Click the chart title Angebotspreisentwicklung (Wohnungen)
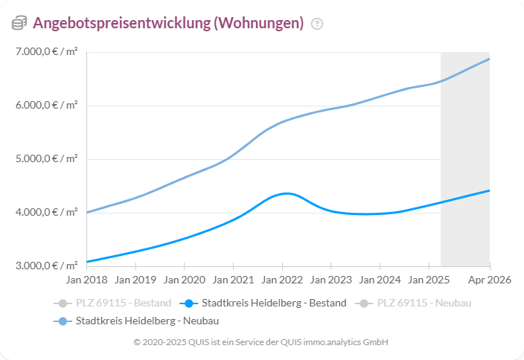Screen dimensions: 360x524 [x=168, y=23]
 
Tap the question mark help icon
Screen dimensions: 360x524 [x=317, y=24]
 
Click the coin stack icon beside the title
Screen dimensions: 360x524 [x=19, y=24]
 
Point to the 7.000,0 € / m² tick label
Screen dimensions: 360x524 [x=45, y=52]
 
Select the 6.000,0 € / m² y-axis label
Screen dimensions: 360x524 [x=45, y=106]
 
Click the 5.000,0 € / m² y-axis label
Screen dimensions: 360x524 [x=45, y=159]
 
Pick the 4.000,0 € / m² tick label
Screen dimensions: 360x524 [x=45, y=213]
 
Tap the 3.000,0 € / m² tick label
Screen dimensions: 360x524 [x=45, y=266]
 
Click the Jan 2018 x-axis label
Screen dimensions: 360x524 [x=87, y=280]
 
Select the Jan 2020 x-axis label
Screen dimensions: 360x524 [x=185, y=280]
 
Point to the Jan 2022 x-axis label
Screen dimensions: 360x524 [x=282, y=280]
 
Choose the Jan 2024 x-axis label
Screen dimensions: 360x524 [x=380, y=280]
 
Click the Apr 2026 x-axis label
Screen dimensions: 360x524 [x=489, y=280]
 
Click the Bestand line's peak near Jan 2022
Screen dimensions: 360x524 [x=287, y=193]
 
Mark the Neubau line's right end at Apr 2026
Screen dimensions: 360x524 [x=489, y=59]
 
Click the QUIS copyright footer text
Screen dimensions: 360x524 [x=261, y=342]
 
